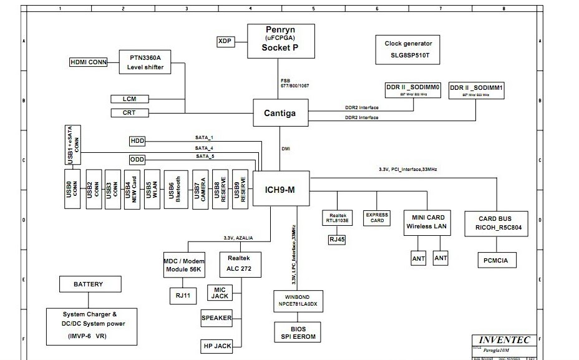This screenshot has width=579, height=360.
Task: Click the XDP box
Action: coord(225,41)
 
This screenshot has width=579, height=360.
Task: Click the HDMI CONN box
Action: coord(89,62)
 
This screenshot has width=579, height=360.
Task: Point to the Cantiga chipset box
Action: coord(281,113)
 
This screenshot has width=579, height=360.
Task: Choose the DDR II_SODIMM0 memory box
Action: coord(413,91)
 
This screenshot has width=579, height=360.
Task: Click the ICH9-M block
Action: coord(281,189)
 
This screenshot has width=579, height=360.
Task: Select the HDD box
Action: coord(137,140)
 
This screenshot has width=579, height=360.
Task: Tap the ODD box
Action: coord(137,160)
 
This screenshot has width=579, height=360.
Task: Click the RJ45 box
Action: coord(337,238)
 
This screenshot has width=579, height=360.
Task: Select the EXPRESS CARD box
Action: coord(377,218)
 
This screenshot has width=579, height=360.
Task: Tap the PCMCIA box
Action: coord(497,260)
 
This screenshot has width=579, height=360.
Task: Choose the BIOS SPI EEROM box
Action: coord(298,333)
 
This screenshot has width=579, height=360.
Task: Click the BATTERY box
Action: coord(88,285)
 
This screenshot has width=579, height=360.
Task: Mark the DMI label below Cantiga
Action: coord(285,148)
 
